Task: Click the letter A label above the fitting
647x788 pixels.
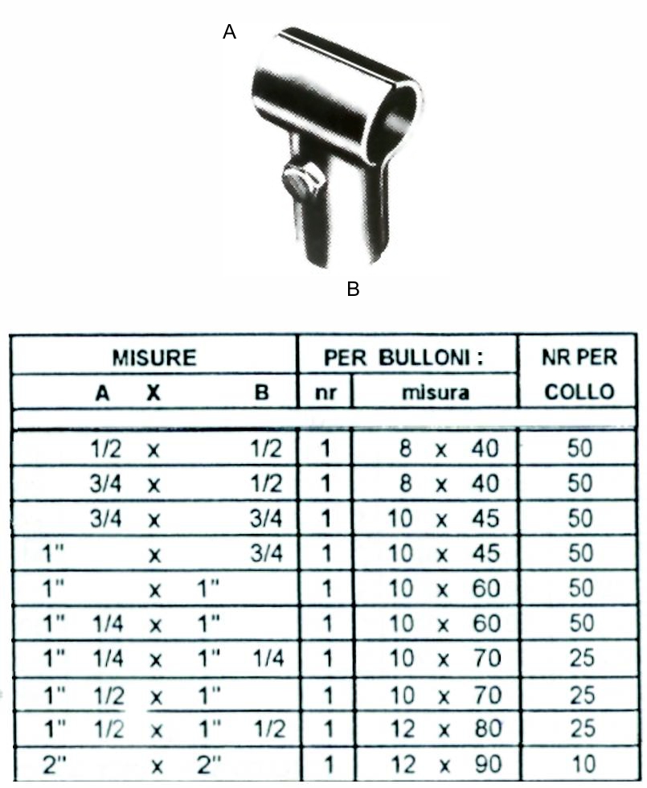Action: pos(229,32)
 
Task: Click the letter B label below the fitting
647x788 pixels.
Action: pos(353,289)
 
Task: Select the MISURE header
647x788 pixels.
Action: pos(154,358)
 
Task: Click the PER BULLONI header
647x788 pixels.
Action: pos(403,357)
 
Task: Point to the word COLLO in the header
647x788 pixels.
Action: pos(579,392)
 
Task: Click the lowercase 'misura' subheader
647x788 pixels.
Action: pos(436,392)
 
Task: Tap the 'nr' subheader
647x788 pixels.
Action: pos(326,392)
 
